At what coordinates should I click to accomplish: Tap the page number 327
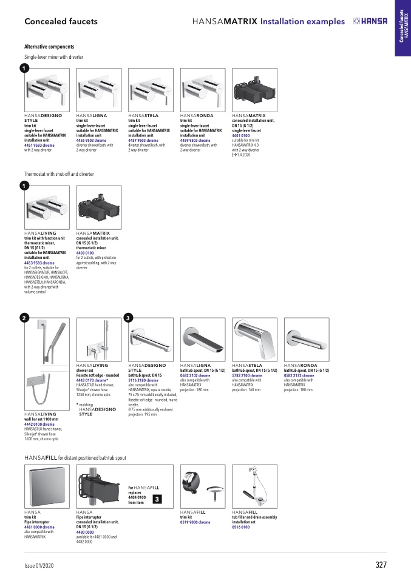381,565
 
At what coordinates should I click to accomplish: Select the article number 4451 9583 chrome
39,146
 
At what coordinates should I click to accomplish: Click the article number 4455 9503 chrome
92,141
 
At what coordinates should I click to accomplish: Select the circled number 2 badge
23,318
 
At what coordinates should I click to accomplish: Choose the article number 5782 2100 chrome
247,376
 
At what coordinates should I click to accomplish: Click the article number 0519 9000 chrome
195,522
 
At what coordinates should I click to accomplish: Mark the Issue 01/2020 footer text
38,565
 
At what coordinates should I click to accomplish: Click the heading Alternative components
49,47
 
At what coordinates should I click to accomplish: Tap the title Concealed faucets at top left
61,22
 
